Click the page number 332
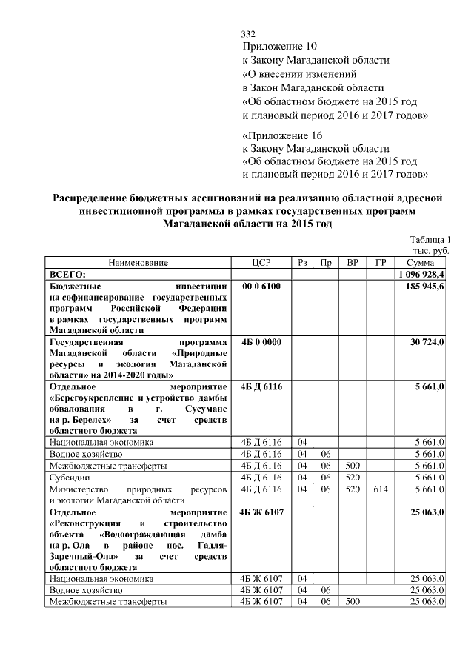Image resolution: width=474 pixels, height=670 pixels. pyautogui.click(x=249, y=35)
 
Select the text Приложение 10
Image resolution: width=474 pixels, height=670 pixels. pyautogui.click(x=275, y=47)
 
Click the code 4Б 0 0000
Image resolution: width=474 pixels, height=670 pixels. pyautogui.click(x=261, y=343)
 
